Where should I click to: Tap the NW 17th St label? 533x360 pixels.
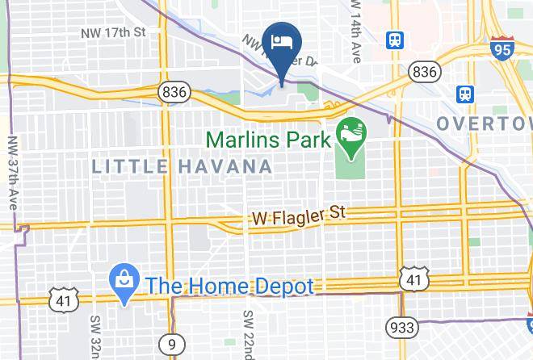(x=113, y=33)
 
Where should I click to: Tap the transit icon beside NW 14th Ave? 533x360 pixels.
(x=396, y=40)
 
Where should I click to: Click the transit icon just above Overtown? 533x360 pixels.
(x=466, y=94)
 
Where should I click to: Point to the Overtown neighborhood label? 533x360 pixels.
(x=485, y=123)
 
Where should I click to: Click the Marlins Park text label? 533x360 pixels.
(x=269, y=139)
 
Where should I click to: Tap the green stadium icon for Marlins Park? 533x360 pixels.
(x=350, y=129)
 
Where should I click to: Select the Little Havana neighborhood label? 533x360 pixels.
(x=182, y=167)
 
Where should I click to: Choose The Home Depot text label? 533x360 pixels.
(x=229, y=286)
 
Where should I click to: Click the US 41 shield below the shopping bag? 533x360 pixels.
(x=61, y=300)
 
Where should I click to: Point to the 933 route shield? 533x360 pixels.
(x=401, y=327)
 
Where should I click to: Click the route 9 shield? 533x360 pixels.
(x=172, y=345)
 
